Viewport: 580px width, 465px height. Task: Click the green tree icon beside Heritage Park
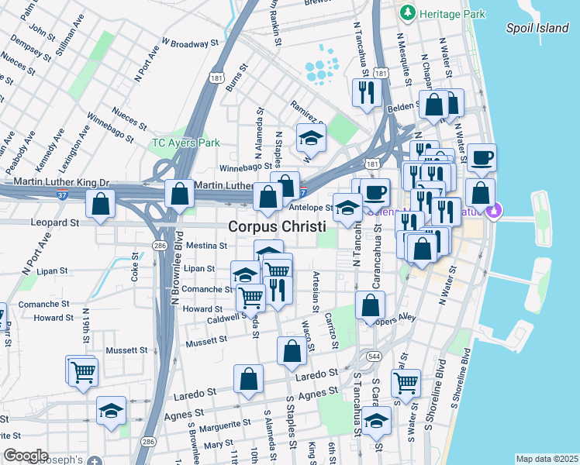(x=406, y=13)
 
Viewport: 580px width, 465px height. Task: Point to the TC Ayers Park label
(x=186, y=143)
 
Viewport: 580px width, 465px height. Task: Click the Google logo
(x=26, y=456)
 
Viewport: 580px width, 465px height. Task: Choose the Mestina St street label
(x=206, y=246)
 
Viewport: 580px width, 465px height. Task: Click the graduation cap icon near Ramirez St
(x=311, y=139)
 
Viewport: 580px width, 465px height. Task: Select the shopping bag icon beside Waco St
(x=292, y=352)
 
